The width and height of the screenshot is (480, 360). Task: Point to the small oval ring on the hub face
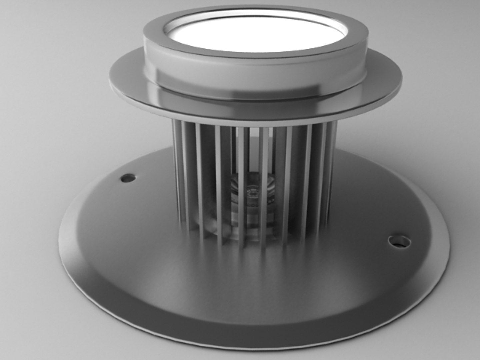[x=253, y=193]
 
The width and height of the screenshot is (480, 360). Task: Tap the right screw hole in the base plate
[x=399, y=241]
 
